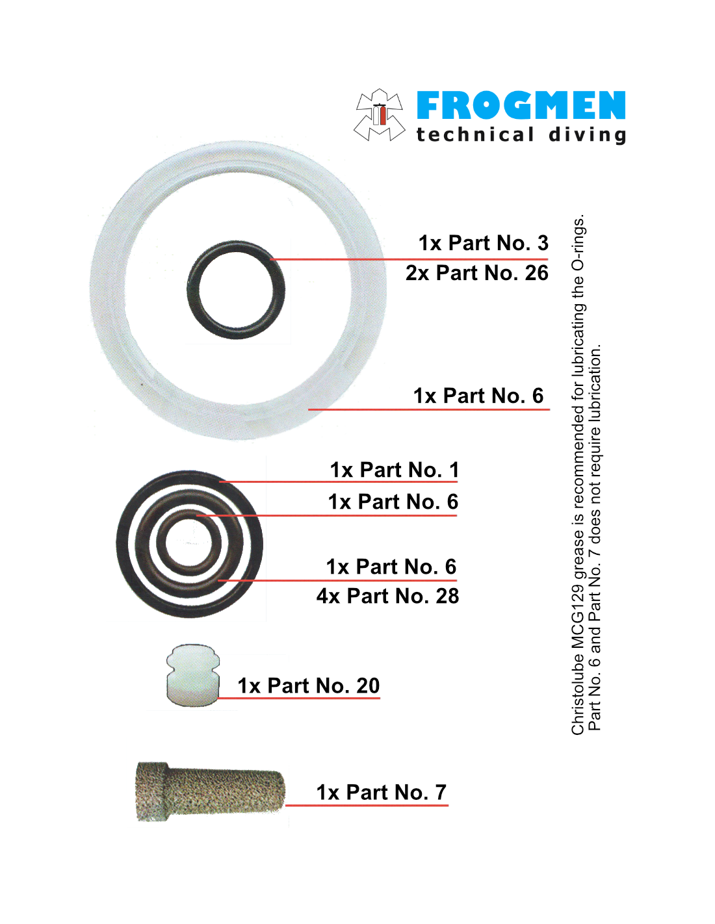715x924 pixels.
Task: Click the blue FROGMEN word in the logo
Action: (521, 105)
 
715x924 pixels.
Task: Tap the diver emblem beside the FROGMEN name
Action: (378, 115)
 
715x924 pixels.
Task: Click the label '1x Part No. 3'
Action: (483, 243)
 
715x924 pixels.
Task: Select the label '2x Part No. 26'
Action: (477, 273)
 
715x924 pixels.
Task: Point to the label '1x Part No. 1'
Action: (395, 470)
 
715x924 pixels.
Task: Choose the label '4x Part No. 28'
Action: (387, 596)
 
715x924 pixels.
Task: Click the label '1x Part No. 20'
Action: (308, 686)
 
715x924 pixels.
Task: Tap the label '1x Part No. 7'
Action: (381, 792)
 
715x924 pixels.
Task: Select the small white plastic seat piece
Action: (192, 675)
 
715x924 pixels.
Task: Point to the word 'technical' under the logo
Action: (474, 135)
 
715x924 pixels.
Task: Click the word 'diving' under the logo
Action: (587, 136)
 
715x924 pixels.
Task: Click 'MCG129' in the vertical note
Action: (577, 618)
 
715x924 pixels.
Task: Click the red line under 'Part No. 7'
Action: (367, 805)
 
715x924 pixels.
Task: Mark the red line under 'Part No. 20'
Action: (298, 698)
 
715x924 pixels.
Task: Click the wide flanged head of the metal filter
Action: (152, 791)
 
